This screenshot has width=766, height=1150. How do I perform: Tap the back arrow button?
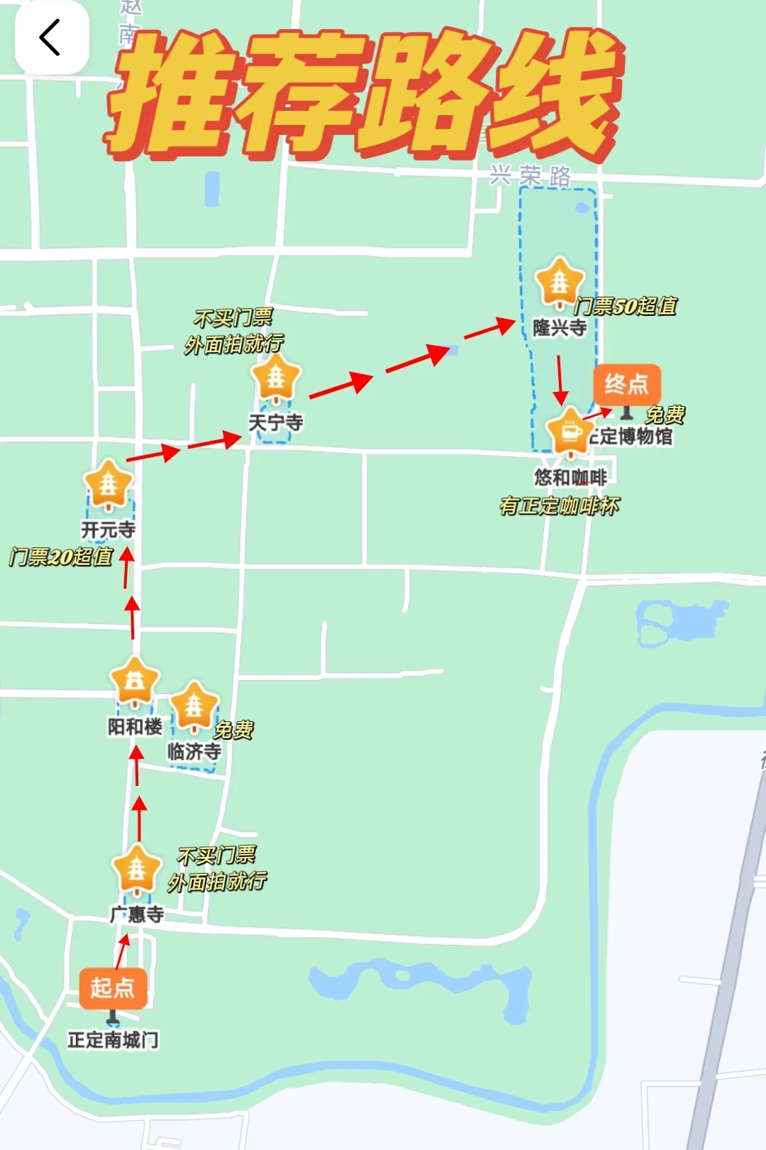point(51,38)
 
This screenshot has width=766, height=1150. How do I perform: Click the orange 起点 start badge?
point(113,987)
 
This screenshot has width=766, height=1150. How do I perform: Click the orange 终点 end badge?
point(626,384)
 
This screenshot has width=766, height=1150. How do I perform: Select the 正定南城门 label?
point(113,1040)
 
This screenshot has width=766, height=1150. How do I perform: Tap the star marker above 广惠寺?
point(136,867)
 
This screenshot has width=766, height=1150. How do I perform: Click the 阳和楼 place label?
point(135,727)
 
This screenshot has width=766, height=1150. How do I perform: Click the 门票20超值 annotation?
point(61,557)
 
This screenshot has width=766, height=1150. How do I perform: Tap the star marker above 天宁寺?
point(276,377)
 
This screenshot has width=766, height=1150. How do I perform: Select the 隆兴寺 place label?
point(560,328)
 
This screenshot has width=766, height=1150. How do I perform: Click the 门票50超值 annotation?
point(625,306)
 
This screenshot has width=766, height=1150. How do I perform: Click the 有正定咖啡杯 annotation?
point(560,506)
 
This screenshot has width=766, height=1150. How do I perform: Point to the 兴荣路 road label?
point(531,175)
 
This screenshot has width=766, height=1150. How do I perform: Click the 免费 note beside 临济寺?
point(233,730)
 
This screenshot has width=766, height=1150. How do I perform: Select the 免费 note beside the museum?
point(665,415)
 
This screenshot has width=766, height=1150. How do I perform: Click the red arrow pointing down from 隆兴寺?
point(560,380)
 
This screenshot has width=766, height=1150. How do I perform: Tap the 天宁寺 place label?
point(276,423)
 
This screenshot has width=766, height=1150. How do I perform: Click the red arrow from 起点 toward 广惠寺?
point(123,951)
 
